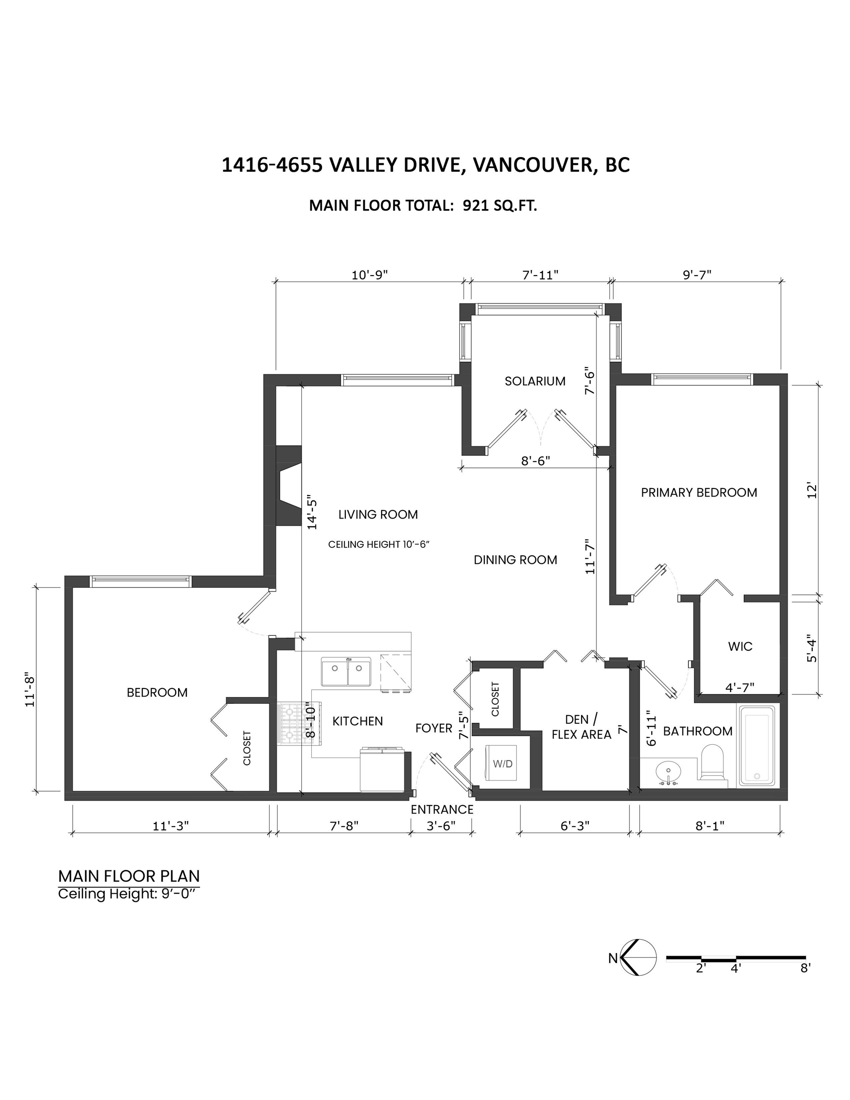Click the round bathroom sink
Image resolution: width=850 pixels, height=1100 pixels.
(668, 771)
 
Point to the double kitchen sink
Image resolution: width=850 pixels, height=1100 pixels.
(346, 671)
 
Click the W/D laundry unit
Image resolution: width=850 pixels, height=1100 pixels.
(502, 763)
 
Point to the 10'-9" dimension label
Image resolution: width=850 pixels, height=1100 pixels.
(369, 275)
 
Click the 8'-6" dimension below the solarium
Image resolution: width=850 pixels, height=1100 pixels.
(535, 460)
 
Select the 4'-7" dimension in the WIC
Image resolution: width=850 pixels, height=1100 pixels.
(740, 687)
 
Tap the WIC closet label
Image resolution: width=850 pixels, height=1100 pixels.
(740, 646)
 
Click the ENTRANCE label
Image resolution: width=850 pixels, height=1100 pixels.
(442, 809)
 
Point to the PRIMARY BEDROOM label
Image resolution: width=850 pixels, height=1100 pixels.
(699, 493)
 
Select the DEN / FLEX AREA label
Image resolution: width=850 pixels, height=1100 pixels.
(582, 727)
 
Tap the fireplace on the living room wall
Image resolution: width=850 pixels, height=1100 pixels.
(288, 486)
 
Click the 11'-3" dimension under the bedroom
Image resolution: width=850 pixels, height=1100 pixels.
(171, 826)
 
